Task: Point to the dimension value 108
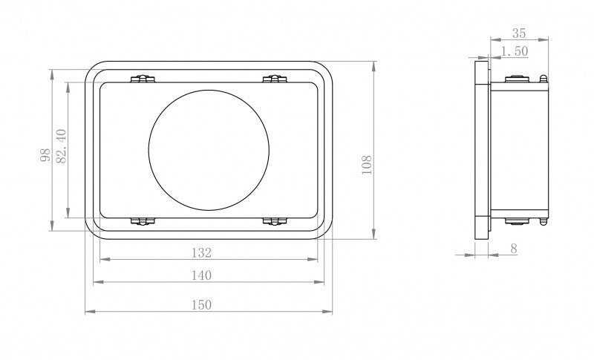tap(366, 165)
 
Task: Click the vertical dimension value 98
tap(45, 156)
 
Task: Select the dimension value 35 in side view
tap(519, 33)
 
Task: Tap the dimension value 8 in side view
tap(514, 249)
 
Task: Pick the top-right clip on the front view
tap(274, 79)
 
